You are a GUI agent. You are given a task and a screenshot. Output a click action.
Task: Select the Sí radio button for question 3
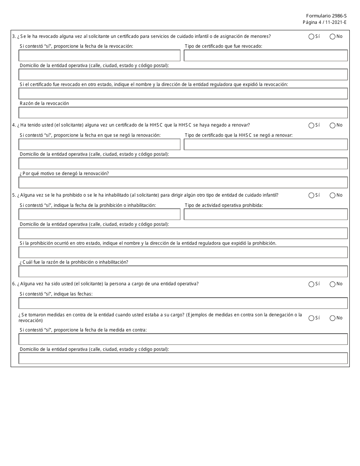point(311,37)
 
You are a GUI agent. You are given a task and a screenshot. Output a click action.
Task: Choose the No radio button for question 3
point(332,37)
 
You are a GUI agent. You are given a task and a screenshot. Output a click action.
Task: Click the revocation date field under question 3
point(99,56)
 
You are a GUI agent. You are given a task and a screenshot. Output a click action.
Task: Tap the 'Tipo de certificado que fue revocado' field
point(266,56)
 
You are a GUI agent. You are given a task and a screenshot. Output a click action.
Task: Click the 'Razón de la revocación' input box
point(183,113)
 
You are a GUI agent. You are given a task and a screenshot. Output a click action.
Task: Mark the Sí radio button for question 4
point(311,125)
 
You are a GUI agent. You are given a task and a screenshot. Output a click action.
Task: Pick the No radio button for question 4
point(332,125)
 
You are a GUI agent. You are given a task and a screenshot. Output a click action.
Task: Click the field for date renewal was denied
point(99,144)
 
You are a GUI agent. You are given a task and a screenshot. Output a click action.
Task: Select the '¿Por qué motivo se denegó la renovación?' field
point(183,183)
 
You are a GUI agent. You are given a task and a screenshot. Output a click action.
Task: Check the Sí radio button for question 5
point(311,195)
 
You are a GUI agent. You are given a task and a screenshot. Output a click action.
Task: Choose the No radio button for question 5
point(332,195)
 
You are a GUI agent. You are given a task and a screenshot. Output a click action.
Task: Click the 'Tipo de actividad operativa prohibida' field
point(266,214)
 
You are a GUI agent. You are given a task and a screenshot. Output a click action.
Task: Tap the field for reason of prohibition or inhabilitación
point(183,271)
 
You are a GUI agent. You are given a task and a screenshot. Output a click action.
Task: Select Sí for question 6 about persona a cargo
point(311,284)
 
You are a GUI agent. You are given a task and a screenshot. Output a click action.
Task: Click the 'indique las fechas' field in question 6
point(183,303)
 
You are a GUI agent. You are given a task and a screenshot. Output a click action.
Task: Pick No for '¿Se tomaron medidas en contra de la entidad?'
point(332,318)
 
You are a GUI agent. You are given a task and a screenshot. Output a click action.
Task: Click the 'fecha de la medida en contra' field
point(183,339)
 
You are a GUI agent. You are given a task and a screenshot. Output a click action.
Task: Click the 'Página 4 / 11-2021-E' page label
point(324,22)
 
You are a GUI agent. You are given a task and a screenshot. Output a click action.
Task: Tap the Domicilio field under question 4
point(183,163)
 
